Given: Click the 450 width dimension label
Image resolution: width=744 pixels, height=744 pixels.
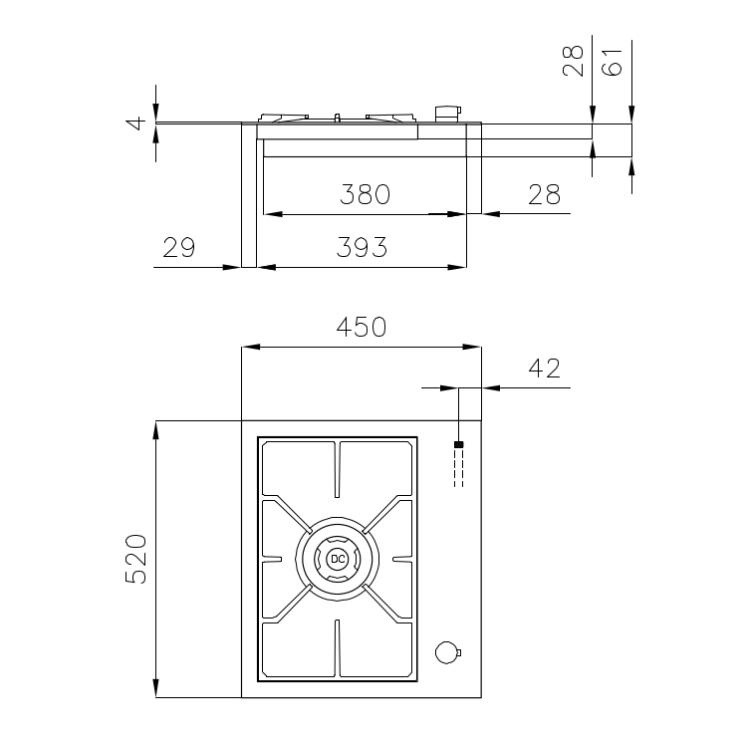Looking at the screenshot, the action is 362,327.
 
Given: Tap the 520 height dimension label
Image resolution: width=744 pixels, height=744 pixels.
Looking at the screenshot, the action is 136,559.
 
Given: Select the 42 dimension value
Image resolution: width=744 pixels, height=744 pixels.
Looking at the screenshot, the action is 544,369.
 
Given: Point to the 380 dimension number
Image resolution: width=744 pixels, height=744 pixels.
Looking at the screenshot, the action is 365,194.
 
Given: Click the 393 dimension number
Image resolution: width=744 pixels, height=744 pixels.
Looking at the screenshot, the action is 362,247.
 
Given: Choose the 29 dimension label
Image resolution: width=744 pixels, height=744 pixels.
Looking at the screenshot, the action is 179,247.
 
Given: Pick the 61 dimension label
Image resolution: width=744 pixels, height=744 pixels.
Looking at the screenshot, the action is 613,62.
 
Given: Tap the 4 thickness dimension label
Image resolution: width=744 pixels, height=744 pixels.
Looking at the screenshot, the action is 136,124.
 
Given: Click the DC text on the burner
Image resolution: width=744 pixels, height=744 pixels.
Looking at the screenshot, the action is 338,559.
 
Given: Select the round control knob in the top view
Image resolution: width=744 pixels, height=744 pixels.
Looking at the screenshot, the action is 447,652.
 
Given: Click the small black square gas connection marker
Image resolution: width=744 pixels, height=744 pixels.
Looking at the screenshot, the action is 459,444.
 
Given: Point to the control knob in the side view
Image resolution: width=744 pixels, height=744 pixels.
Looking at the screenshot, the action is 447,114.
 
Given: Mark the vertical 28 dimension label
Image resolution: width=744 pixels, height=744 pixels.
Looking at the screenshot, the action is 573,61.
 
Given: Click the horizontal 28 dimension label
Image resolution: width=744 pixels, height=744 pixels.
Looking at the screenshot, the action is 544,194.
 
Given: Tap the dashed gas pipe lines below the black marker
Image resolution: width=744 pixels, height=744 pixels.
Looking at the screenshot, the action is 459,467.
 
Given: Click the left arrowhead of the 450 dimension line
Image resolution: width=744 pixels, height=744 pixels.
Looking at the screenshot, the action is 251,347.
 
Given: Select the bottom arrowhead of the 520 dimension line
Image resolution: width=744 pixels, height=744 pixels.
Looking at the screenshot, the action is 155,688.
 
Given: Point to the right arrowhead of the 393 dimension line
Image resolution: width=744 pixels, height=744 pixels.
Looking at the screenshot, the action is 457,267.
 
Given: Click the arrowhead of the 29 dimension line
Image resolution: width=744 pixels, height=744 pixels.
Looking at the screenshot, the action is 232,267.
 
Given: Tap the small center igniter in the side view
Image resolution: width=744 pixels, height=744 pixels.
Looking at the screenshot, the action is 338,118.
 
